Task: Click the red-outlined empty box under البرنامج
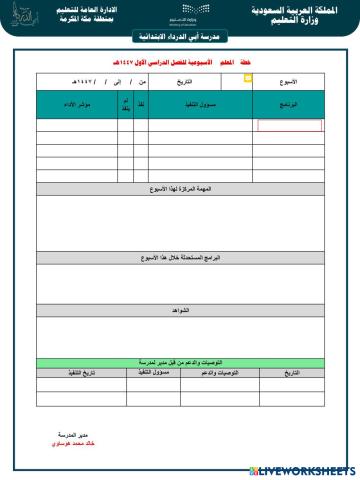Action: [x=289, y=126]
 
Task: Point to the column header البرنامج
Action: [x=289, y=104]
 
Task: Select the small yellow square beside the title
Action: [x=248, y=77]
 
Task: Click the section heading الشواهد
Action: [x=180, y=311]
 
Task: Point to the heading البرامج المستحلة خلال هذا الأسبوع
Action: [x=180, y=257]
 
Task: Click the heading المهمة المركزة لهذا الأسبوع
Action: [x=180, y=189]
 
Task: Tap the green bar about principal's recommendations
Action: [x=180, y=362]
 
